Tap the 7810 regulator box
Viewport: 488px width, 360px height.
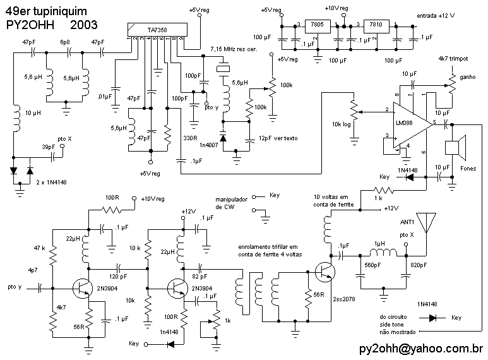coord(376,27)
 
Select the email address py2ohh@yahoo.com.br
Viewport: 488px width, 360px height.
coord(420,349)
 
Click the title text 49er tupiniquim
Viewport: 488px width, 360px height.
coord(38,12)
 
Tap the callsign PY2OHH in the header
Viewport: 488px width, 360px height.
coord(28,25)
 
